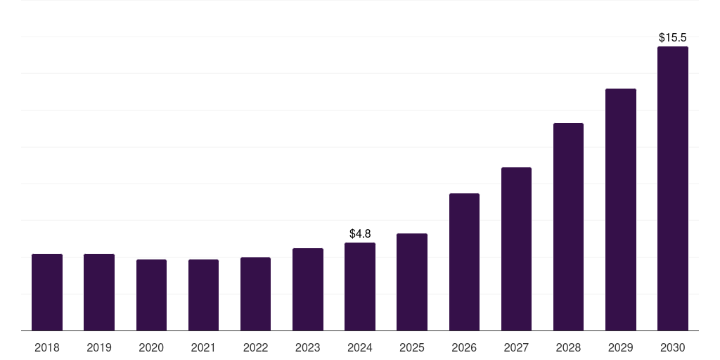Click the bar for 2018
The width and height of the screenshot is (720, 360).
[47, 292]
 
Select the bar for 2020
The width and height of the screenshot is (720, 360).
[151, 295]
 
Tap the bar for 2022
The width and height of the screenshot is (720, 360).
[255, 294]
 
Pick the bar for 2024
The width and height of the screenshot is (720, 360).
[360, 286]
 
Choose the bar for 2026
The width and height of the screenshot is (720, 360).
[464, 262]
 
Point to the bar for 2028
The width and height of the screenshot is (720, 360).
[568, 226]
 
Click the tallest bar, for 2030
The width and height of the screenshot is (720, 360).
[673, 188]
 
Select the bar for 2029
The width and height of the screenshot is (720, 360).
[620, 210]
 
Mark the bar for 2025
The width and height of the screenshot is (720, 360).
[412, 282]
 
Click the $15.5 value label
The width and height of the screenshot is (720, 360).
[673, 37]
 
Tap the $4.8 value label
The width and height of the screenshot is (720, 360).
[360, 233]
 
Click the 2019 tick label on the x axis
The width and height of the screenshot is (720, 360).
[99, 347]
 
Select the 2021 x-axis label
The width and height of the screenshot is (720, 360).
[203, 347]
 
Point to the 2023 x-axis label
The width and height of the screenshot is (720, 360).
[308, 347]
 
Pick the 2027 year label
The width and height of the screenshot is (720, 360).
[516, 347]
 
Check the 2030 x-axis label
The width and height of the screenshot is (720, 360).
[673, 347]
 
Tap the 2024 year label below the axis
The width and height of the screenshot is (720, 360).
[360, 347]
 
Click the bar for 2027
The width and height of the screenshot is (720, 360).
[516, 249]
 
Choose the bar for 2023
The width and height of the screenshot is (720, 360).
[308, 289]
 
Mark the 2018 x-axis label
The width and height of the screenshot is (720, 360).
[47, 347]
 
